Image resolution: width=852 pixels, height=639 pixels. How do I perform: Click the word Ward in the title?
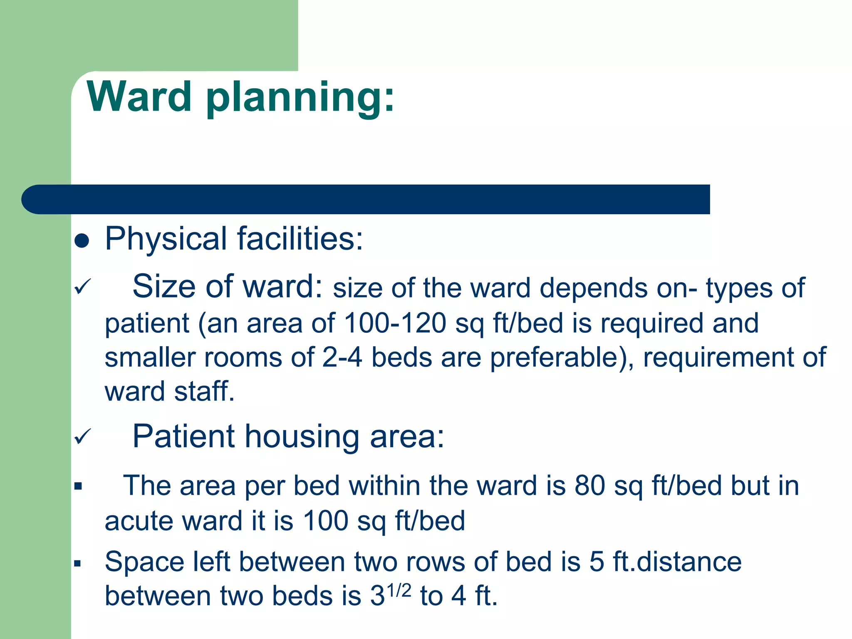pos(139,97)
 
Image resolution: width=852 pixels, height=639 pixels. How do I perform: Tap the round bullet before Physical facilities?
pos(82,240)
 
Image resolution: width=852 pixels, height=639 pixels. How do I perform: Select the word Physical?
pos(166,239)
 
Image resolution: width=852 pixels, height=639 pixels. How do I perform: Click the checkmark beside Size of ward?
pos(82,287)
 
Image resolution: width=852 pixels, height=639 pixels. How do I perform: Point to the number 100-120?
pos(395,323)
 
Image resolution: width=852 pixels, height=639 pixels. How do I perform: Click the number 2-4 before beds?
pos(342,357)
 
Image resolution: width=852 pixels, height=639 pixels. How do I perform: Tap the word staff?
pos(204,392)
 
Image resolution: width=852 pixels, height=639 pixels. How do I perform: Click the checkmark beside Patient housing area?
pos(82,436)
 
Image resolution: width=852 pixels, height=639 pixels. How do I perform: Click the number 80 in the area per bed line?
pos(589,485)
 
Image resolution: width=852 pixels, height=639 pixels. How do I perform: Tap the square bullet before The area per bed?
pos(78,486)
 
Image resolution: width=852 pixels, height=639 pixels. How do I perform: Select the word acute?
pos(139,521)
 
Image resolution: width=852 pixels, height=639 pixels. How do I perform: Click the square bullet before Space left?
pos(78,564)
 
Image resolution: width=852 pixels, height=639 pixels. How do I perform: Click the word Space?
pos(144,562)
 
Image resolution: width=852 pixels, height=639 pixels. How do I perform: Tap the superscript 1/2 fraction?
pos(399,590)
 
